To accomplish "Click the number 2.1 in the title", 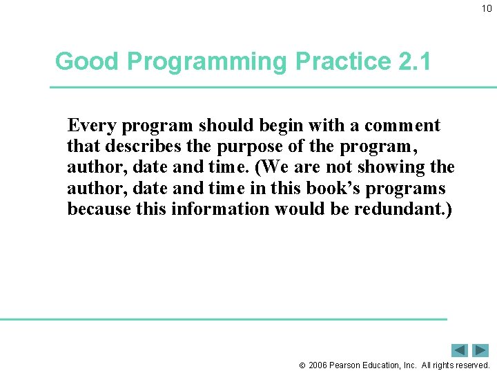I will click(x=415, y=61).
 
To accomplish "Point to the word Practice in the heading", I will click(x=343, y=61).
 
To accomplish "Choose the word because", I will click(x=99, y=209).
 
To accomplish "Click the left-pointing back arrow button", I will click(x=460, y=350).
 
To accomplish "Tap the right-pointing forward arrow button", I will click(x=480, y=350).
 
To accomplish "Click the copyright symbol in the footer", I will click(x=302, y=365).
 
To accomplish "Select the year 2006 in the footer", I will click(x=318, y=365).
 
